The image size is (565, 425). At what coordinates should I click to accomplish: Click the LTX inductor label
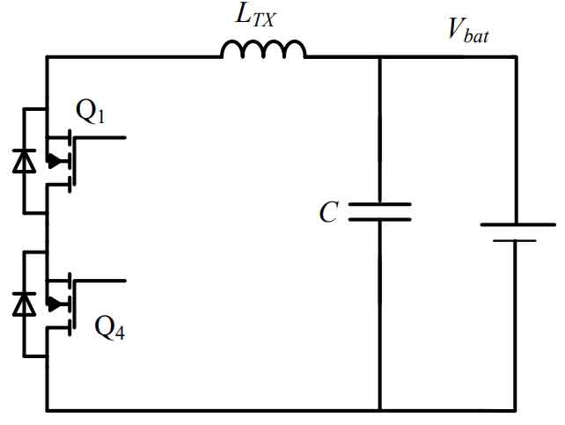pyautogui.click(x=254, y=17)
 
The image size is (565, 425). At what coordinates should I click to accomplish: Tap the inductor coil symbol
pyautogui.click(x=263, y=49)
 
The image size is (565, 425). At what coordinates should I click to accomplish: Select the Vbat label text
pyautogui.click(x=467, y=31)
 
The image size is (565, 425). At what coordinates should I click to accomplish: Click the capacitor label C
pyautogui.click(x=328, y=212)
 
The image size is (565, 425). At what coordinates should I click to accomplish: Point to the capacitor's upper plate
pyautogui.click(x=380, y=204)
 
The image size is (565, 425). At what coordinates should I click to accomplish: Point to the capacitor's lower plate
pyautogui.click(x=380, y=219)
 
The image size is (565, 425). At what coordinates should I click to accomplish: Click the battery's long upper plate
pyautogui.click(x=517, y=224)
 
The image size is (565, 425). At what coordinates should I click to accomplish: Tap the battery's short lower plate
pyautogui.click(x=515, y=240)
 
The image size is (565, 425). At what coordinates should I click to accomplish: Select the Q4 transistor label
pyautogui.click(x=109, y=327)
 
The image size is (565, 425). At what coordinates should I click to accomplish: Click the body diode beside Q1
pyautogui.click(x=24, y=161)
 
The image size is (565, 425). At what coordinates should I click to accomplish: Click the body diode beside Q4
pyautogui.click(x=24, y=304)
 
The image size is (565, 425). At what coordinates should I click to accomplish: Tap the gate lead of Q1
pyautogui.click(x=99, y=137)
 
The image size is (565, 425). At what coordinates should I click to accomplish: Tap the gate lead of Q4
pyautogui.click(x=99, y=281)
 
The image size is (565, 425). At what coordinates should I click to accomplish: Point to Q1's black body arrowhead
pyautogui.click(x=54, y=161)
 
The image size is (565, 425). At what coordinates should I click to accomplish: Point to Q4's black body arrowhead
pyautogui.click(x=54, y=304)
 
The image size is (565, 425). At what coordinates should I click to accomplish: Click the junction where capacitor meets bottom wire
pyautogui.click(x=380, y=410)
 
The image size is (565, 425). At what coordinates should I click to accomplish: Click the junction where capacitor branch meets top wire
pyautogui.click(x=380, y=57)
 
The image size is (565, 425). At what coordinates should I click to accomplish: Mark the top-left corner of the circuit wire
pyautogui.click(x=47, y=57)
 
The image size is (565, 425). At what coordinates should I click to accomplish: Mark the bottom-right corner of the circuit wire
pyautogui.click(x=516, y=410)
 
